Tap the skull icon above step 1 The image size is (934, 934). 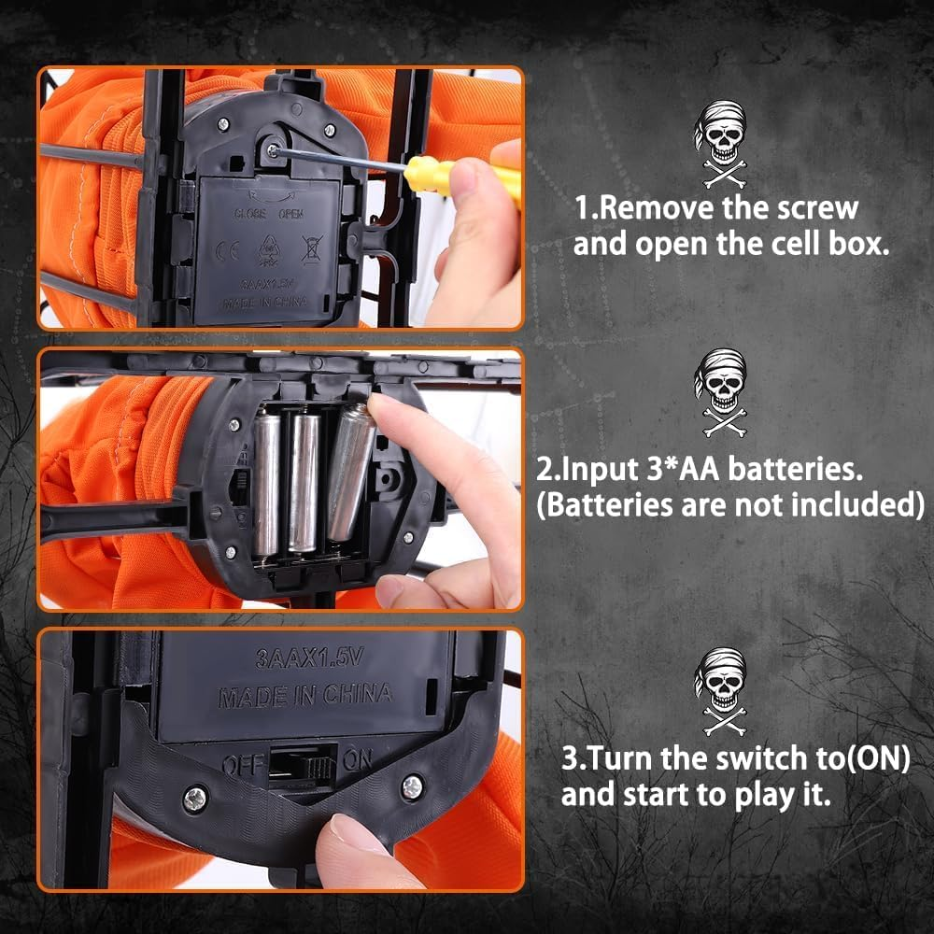point(721,144)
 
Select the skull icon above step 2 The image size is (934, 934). point(721,392)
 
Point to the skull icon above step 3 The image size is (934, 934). point(721,691)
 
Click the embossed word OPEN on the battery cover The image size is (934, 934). point(291,214)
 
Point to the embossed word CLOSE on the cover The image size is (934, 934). point(249,213)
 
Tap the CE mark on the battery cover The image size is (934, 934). point(228,250)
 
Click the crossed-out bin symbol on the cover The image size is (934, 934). point(312,249)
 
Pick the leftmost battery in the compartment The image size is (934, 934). point(267,484)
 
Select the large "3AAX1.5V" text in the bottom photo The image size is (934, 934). point(309,658)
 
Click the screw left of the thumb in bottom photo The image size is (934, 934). point(195,799)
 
